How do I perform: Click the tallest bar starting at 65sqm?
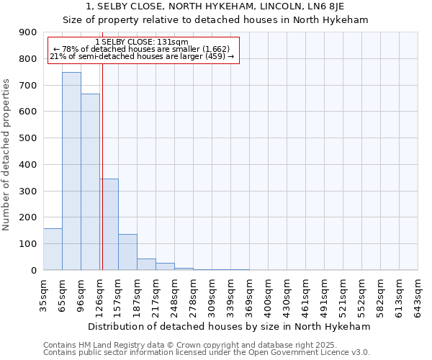71,171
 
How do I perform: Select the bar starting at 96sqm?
90,182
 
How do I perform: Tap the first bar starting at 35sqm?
53,249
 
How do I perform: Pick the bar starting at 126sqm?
109,224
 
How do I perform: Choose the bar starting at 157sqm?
127,252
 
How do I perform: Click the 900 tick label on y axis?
28,32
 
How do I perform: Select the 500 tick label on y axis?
28,138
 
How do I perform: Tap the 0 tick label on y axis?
34,270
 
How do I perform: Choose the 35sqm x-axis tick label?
43,294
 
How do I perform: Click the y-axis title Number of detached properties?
6,156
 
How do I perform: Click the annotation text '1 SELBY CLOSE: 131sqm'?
141,42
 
